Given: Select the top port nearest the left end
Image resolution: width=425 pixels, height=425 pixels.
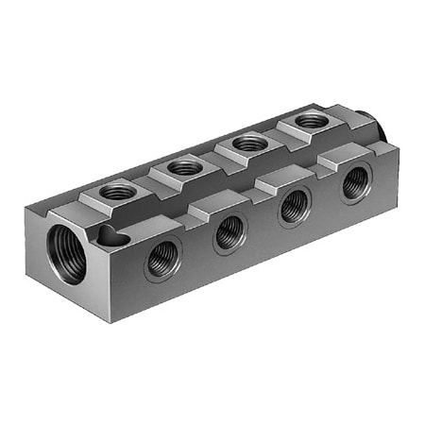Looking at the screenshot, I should coord(118,192).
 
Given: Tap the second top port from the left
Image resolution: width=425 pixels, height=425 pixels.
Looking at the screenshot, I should coord(186,167).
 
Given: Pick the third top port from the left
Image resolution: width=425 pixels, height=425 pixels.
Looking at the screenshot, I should coord(249,143).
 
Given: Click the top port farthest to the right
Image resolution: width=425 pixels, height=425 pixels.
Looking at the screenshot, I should coord(309,121).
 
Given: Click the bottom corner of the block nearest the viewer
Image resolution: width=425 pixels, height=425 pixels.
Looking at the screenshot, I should coord(111,322).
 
